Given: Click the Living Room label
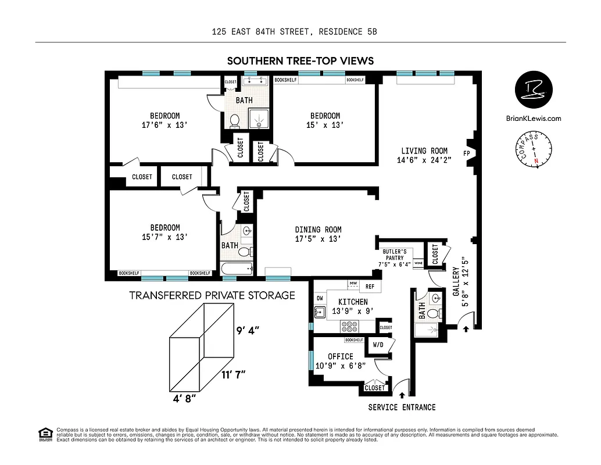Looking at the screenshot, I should [424, 151].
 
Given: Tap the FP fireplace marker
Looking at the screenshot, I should [466, 153].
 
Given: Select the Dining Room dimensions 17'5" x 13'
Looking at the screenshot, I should [318, 238].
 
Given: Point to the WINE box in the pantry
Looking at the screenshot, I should [418, 263].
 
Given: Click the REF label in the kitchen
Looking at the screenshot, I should [370, 287].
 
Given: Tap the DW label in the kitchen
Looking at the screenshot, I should [319, 298].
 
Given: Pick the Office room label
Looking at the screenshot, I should [340, 356].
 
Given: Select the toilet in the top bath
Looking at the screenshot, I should [235, 121].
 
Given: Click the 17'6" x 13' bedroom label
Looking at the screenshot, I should [164, 124].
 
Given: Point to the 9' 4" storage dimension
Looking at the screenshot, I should [247, 331].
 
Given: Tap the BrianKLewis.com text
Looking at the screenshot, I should [534, 119].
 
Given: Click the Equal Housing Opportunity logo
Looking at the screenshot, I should [44, 433].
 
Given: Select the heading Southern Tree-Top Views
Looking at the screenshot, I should [300, 60].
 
